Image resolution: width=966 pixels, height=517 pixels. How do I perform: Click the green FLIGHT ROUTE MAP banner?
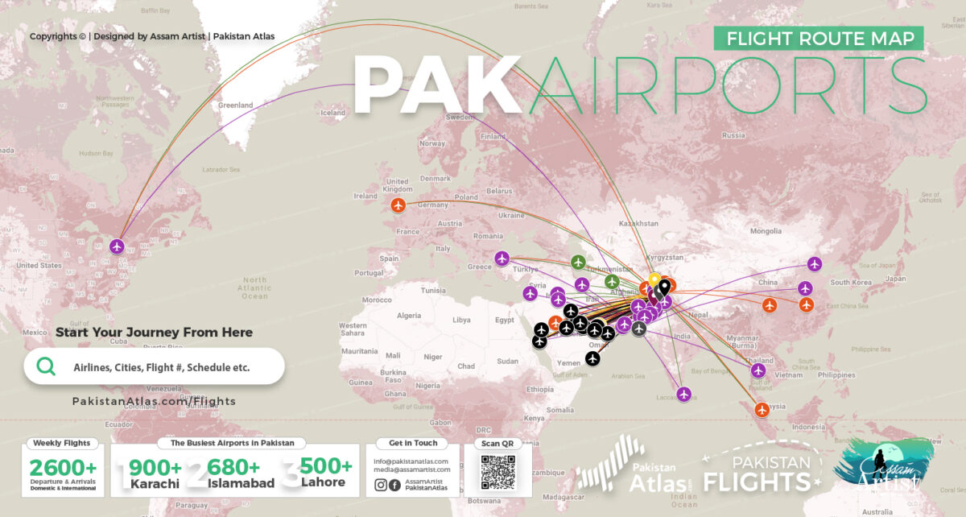819,38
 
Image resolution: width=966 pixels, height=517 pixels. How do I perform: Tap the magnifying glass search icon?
47,366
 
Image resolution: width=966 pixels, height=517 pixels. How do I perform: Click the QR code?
497,472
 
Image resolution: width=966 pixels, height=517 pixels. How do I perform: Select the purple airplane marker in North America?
118,246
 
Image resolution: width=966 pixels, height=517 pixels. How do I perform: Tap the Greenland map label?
235,105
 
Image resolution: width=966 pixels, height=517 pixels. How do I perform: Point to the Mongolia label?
766,231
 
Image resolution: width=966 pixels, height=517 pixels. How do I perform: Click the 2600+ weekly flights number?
63,466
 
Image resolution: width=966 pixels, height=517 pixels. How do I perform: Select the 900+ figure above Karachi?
155,467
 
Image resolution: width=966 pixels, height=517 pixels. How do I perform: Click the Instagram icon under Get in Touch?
381,485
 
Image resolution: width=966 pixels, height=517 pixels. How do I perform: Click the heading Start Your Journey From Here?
154,332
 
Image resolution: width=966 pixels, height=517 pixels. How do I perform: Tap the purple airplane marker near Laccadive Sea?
684,394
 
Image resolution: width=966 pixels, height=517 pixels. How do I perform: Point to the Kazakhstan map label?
638,222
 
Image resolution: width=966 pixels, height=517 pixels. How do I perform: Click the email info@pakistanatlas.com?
411,461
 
